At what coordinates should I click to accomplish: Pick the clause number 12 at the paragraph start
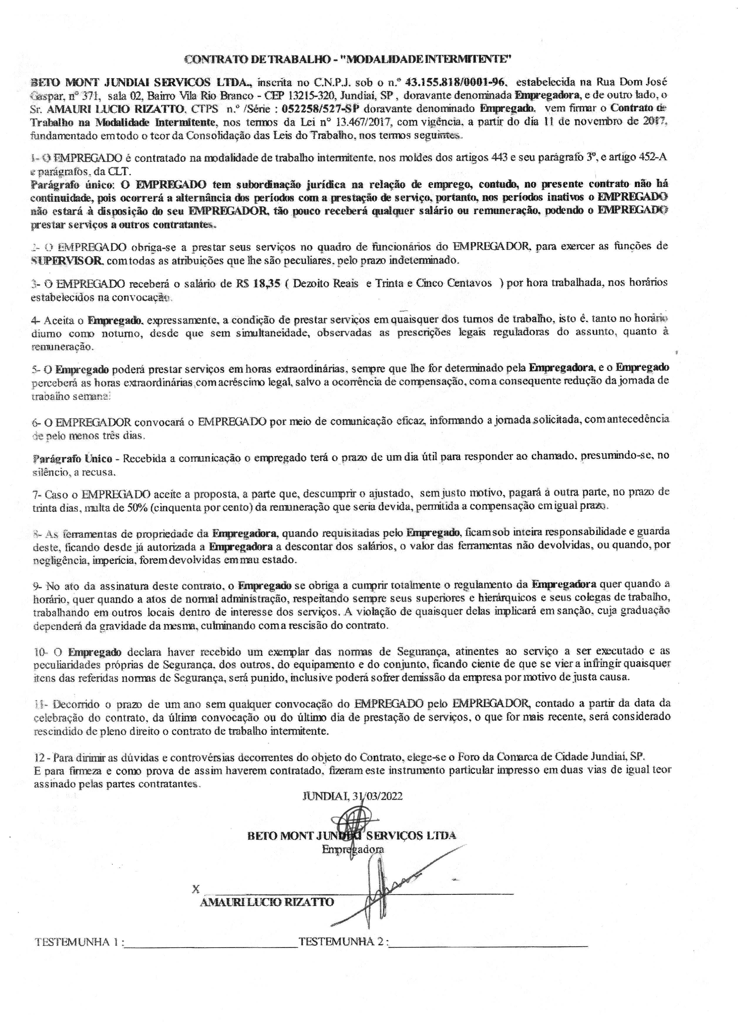click(39, 757)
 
